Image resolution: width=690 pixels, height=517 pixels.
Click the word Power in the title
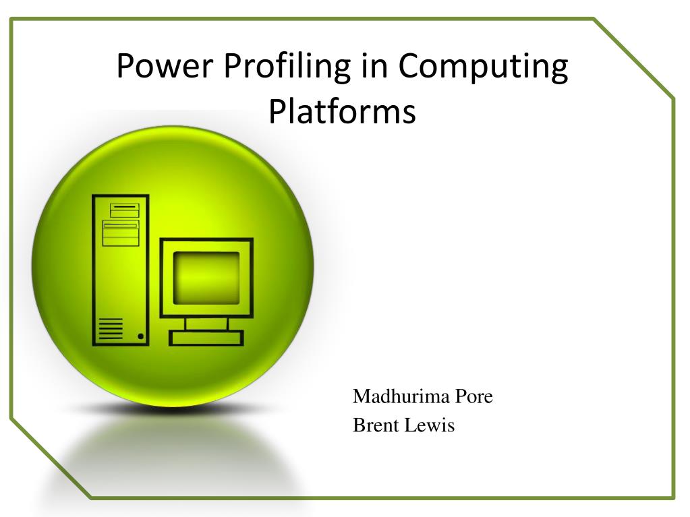point(165,65)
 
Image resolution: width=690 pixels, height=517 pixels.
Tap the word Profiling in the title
point(287,67)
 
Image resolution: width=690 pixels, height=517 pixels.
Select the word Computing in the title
point(483,67)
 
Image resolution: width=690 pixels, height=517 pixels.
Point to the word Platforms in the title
point(343,111)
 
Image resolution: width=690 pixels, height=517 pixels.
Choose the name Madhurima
point(401,396)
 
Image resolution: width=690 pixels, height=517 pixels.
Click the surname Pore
point(474,396)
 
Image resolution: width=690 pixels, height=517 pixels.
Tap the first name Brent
point(376,425)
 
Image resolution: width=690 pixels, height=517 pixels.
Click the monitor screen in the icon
point(206,278)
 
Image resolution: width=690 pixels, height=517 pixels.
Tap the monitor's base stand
point(206,338)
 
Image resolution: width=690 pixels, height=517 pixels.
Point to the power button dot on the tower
point(140,336)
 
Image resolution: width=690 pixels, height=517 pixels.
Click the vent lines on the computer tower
point(111,329)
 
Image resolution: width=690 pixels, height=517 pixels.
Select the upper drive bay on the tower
point(125,210)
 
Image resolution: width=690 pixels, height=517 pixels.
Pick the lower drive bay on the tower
point(121,233)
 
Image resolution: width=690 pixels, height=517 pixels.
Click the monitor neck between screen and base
point(206,324)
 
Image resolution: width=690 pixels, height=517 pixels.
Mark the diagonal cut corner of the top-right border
point(633,58)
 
